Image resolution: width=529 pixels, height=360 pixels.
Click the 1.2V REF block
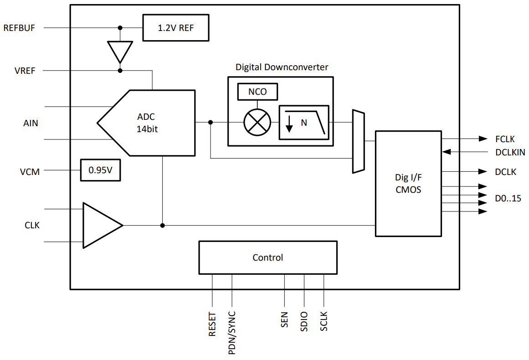(175, 28)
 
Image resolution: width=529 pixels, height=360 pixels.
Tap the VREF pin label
(25, 71)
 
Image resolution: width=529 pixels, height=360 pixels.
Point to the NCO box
(257, 92)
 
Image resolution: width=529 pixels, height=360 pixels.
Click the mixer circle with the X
(257, 123)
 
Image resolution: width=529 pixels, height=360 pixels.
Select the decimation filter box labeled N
(303, 122)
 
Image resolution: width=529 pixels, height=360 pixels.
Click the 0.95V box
(100, 170)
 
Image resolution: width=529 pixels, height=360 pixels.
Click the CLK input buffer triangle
(100, 225)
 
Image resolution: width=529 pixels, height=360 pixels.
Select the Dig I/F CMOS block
(408, 183)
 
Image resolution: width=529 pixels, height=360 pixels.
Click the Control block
(268, 257)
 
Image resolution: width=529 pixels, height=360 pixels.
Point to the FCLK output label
(505, 139)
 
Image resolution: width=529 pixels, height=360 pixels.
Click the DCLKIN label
(510, 152)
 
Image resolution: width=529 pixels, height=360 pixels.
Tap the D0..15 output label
(508, 198)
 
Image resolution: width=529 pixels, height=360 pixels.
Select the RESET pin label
(212, 324)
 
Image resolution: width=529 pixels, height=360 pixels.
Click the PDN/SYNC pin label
(232, 333)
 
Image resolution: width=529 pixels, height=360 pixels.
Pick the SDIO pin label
(304, 322)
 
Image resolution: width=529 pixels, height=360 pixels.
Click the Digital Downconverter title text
(282, 67)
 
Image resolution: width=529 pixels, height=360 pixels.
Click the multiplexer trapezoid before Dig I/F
(358, 141)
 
